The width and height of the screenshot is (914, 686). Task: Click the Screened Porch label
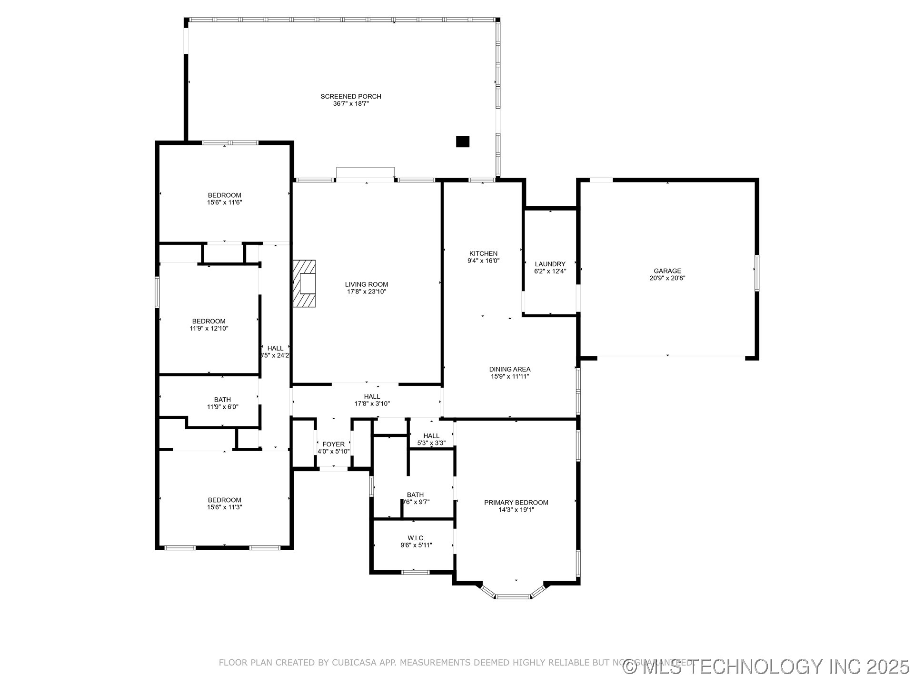350,97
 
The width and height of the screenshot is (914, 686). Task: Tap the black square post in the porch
462,141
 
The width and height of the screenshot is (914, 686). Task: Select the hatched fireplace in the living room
304,283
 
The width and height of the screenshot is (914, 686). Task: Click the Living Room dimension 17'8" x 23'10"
366,292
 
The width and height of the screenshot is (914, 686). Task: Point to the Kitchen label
483,253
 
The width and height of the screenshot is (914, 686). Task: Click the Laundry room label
550,264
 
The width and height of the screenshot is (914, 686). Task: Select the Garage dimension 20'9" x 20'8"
667,278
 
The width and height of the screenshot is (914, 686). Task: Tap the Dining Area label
509,369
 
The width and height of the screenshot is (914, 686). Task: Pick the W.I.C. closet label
416,538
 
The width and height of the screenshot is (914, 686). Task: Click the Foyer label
333,444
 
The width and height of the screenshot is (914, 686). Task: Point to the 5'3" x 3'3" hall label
431,443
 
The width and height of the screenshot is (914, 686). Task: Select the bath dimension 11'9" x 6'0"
222,407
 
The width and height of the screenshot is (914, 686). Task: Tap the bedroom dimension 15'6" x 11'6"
224,202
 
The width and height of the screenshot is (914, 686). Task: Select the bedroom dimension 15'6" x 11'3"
224,507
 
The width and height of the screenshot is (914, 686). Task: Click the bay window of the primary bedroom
513,595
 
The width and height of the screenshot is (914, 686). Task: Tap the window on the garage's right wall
756,272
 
